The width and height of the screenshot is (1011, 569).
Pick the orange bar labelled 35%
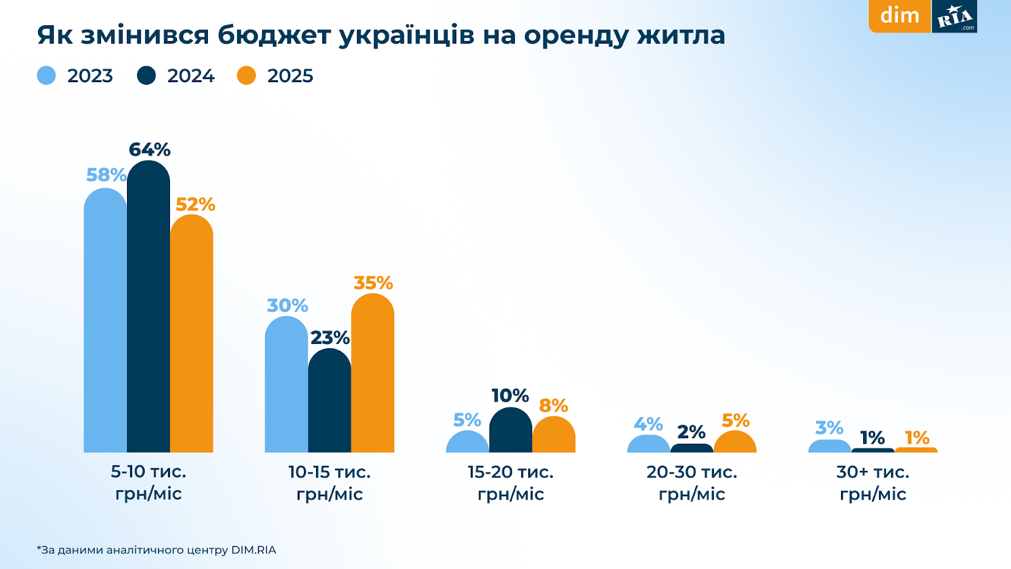(x=373, y=373)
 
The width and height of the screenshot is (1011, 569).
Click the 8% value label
(x=554, y=406)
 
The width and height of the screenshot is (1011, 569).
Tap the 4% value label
(x=648, y=424)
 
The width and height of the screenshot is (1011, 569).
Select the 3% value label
(x=830, y=428)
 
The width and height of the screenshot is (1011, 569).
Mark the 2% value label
(x=691, y=432)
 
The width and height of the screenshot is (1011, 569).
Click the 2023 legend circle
(x=47, y=76)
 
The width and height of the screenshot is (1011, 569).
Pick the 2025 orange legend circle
(x=246, y=76)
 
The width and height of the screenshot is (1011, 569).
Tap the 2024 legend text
(x=191, y=76)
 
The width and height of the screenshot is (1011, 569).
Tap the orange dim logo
(x=900, y=15)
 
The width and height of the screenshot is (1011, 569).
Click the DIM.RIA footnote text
(x=253, y=550)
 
